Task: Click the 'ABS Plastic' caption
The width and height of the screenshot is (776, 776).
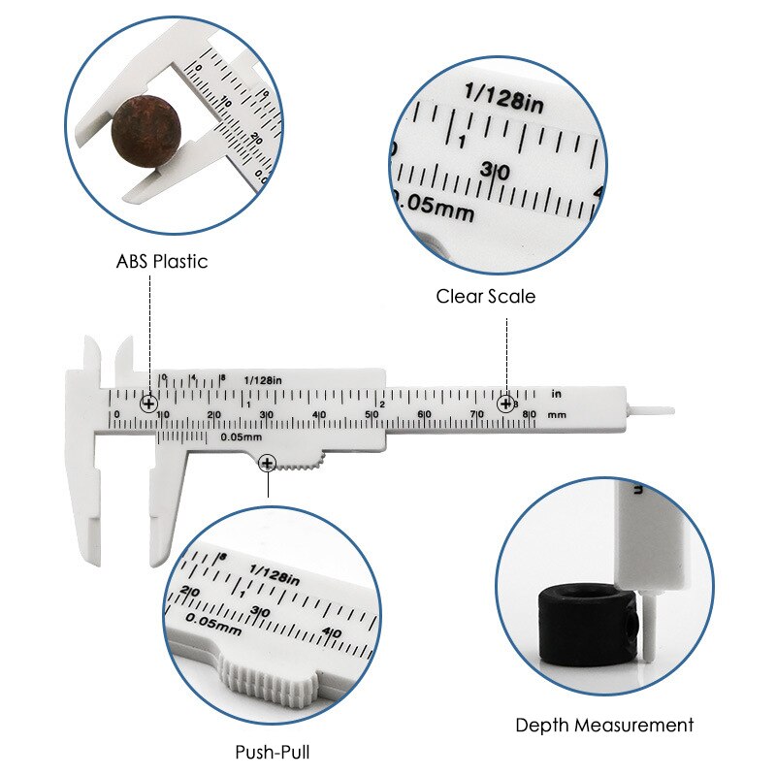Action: tap(162, 261)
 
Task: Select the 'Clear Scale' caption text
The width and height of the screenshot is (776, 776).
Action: tap(485, 297)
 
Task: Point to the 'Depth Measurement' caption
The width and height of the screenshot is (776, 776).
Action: tap(604, 725)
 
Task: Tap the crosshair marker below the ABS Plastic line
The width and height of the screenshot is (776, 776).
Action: tap(148, 404)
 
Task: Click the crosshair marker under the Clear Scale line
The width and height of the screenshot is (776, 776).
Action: tap(505, 404)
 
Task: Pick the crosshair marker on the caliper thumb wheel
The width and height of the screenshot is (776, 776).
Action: tap(267, 465)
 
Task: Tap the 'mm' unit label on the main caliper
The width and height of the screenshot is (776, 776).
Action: tap(556, 414)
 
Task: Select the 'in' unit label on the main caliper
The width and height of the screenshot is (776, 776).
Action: tap(557, 394)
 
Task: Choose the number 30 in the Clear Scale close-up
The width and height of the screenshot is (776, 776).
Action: tap(495, 171)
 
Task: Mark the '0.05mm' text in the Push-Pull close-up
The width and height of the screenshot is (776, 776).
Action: tap(213, 624)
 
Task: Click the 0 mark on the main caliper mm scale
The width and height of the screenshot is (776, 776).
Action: tap(116, 415)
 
